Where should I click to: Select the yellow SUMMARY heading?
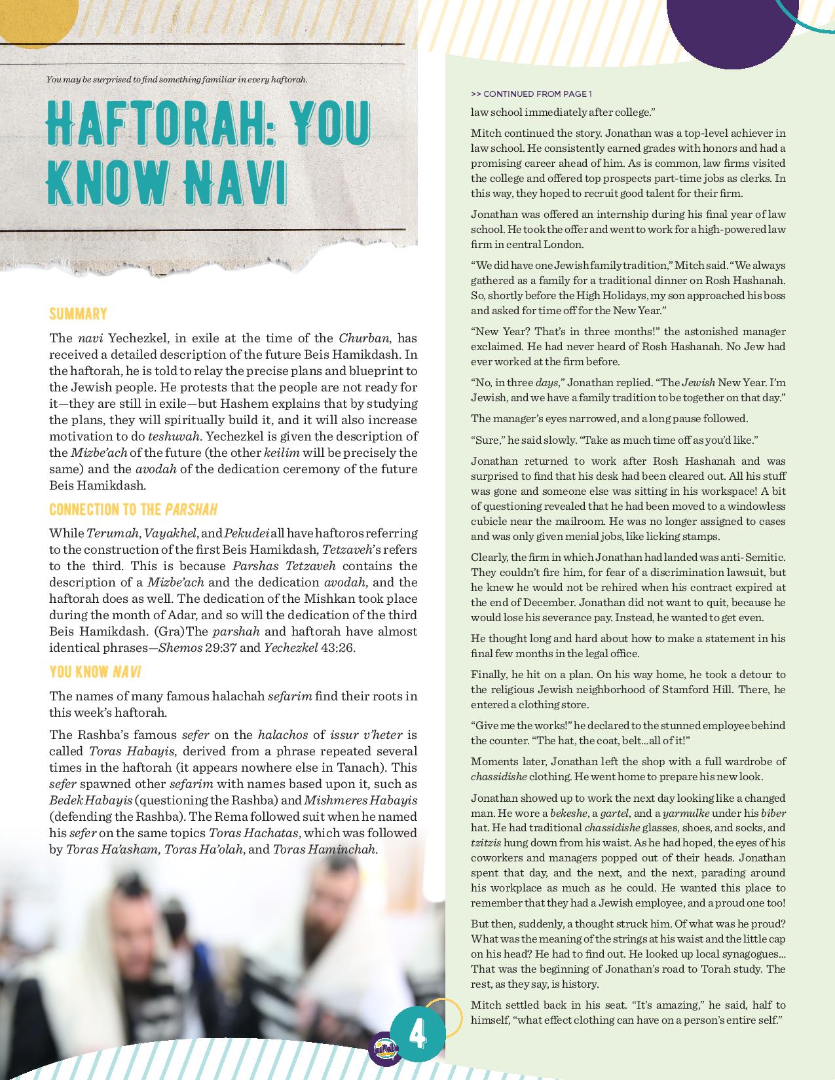78,314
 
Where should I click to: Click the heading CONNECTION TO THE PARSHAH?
133,510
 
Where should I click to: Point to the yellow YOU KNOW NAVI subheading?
95,672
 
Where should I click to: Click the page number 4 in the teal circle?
417,1035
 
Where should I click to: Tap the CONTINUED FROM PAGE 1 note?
531,94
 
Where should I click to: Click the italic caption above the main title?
177,80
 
